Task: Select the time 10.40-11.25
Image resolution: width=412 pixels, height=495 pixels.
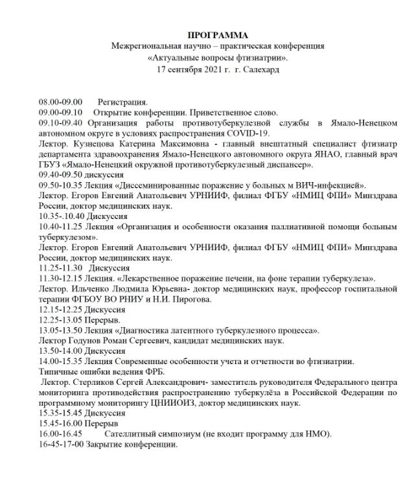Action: pyautogui.click(x=61, y=226)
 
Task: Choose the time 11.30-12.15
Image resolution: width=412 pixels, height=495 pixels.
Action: pyautogui.click(x=61, y=278)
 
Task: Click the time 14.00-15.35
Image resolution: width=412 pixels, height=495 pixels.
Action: pyautogui.click(x=61, y=361)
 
